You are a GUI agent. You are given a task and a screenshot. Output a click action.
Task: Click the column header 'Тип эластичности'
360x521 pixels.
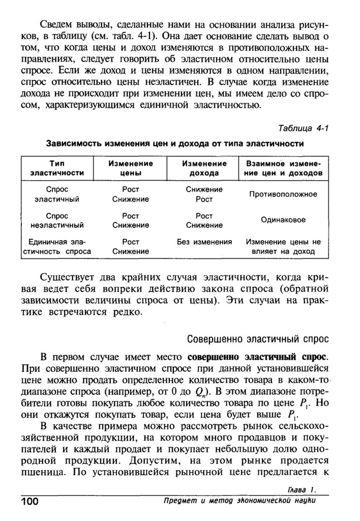(x=57, y=168)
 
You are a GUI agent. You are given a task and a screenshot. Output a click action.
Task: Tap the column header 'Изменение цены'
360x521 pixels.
(x=131, y=168)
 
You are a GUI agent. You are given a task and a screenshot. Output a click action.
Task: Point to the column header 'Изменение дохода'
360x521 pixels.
(x=204, y=168)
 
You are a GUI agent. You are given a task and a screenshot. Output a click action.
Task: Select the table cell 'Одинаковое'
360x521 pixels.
(x=283, y=220)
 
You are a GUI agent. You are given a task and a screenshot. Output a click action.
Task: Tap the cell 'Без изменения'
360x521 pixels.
(x=204, y=242)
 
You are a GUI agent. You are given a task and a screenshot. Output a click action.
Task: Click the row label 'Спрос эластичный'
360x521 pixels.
(x=57, y=194)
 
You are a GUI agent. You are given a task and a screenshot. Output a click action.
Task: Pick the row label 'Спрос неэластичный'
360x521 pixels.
(x=57, y=220)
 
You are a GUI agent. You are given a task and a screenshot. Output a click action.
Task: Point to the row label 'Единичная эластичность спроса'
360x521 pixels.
(x=57, y=247)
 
